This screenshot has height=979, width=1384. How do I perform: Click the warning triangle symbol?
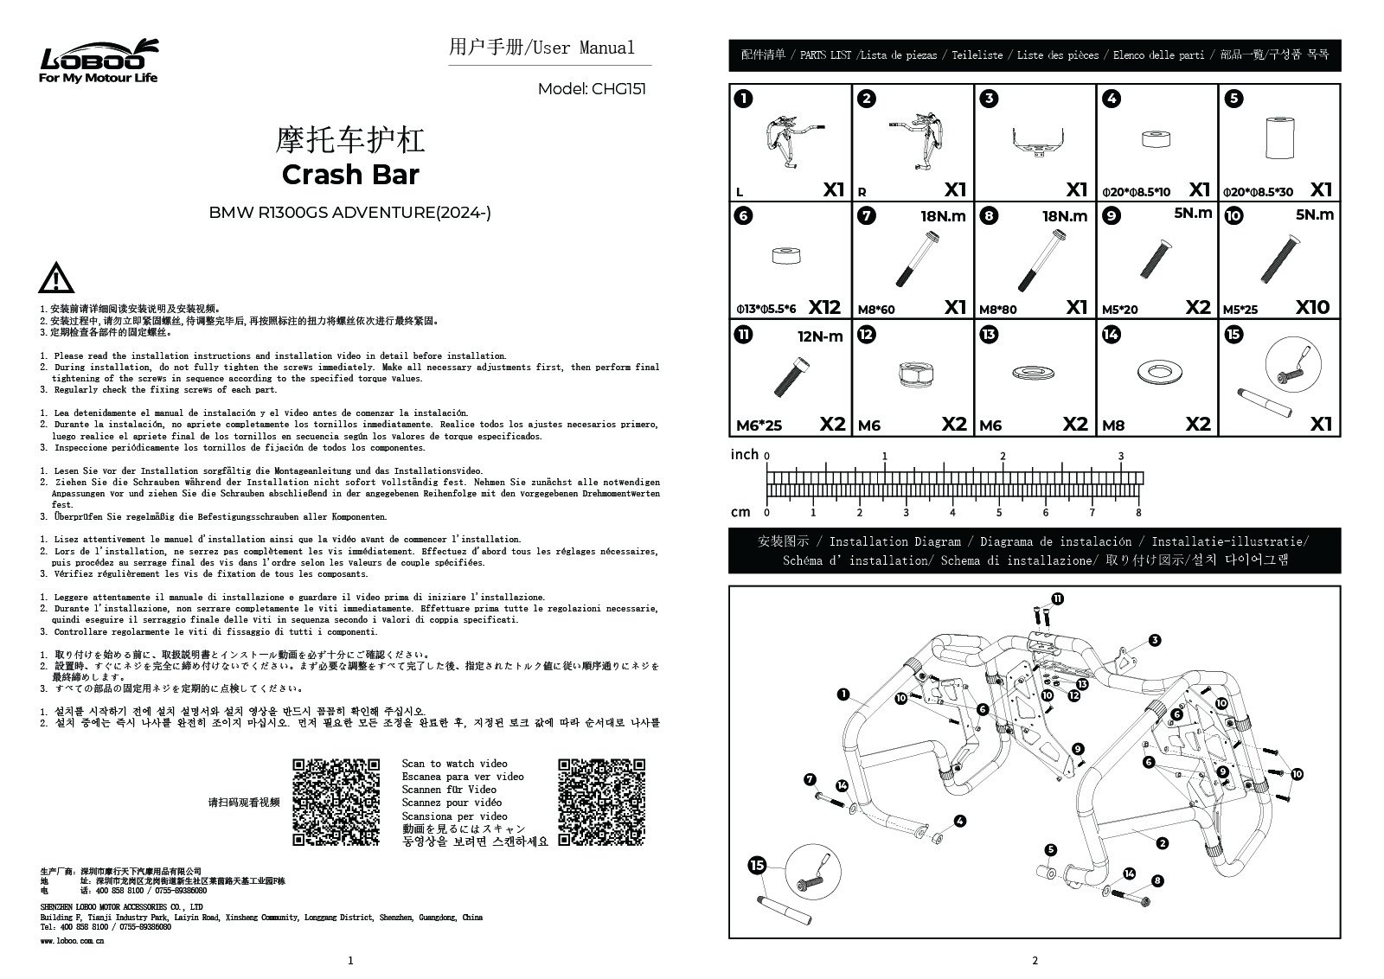point(55,278)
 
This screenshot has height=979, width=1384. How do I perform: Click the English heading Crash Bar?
point(350,175)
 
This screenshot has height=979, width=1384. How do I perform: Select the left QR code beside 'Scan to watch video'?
point(336,802)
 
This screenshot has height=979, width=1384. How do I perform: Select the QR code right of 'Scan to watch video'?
point(601,802)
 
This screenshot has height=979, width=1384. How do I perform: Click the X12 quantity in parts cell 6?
point(824,307)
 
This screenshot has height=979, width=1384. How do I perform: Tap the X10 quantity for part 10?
point(1313,307)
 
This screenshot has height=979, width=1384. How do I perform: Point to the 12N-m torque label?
point(819,336)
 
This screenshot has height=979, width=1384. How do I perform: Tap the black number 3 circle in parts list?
point(989,99)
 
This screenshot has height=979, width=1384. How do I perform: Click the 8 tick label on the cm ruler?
point(1138,513)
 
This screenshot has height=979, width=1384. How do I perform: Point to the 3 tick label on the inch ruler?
point(1121,457)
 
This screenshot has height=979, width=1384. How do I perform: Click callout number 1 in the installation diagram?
point(843,694)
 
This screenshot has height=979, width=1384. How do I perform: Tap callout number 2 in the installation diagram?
point(1162,843)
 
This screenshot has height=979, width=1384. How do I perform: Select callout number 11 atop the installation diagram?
point(1057,598)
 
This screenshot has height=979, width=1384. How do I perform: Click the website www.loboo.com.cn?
point(73,940)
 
